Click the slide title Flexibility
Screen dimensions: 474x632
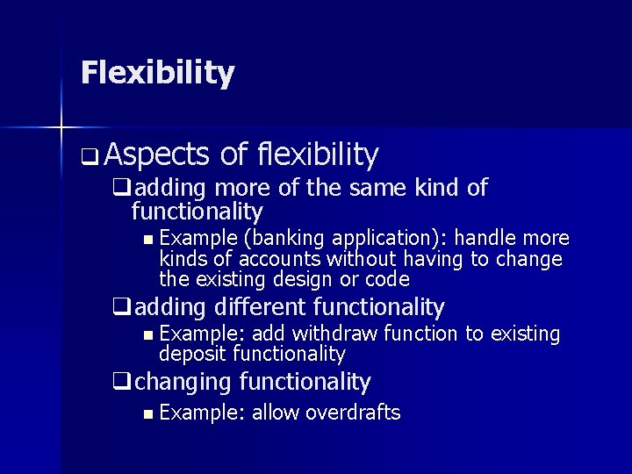tap(157, 73)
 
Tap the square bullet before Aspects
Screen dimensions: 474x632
tap(90, 159)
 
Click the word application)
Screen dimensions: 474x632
tap(379, 239)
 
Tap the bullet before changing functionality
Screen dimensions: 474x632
tap(121, 383)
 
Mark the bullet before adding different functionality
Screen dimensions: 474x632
tap(121, 308)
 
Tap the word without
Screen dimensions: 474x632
tap(362, 259)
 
